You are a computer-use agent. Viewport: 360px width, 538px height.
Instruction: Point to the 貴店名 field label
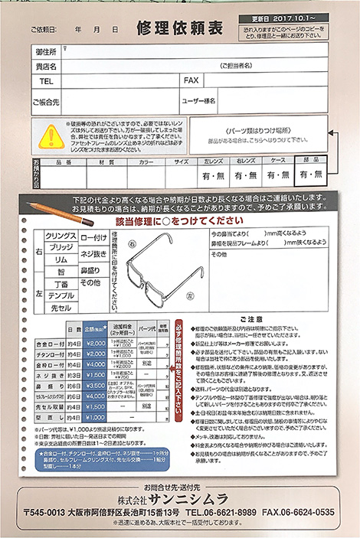point(47,67)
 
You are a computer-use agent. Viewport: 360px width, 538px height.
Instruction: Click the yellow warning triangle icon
point(51,135)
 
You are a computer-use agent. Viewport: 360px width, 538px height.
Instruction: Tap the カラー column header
point(146,162)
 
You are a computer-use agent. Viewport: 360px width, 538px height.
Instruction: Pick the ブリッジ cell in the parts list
point(61,247)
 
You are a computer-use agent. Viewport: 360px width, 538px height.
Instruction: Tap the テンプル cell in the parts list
point(61,295)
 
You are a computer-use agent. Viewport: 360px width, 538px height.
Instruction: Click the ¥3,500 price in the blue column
point(96,386)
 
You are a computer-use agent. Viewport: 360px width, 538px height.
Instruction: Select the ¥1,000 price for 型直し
point(96,417)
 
